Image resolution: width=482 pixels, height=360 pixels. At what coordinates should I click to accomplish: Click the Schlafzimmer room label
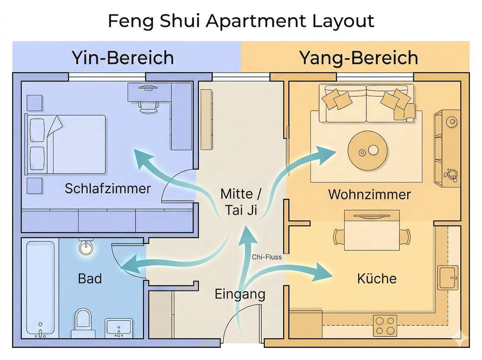click(x=108, y=188)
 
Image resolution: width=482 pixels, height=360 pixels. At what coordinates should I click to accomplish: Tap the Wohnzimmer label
click(x=370, y=194)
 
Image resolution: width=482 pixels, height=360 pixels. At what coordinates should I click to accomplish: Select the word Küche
click(x=377, y=278)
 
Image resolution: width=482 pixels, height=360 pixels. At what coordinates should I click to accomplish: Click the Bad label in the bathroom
click(x=90, y=278)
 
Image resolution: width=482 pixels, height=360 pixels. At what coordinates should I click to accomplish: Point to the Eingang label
click(x=240, y=294)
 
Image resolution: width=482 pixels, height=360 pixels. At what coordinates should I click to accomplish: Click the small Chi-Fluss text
click(x=267, y=257)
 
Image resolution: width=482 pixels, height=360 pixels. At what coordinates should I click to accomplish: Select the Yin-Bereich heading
click(x=123, y=58)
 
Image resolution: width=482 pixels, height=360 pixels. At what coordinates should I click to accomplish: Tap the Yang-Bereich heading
click(x=358, y=58)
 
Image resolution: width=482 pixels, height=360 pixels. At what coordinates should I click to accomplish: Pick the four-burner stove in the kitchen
click(x=385, y=325)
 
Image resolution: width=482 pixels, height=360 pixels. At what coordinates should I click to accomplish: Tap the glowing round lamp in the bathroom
click(x=86, y=247)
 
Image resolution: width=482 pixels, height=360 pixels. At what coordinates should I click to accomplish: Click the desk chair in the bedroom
click(x=148, y=102)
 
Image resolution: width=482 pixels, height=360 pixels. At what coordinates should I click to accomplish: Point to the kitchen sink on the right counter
click(x=449, y=277)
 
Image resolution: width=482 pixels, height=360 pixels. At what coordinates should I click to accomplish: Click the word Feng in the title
click(x=129, y=21)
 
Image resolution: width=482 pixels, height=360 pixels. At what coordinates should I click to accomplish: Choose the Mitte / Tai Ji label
click(x=240, y=202)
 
